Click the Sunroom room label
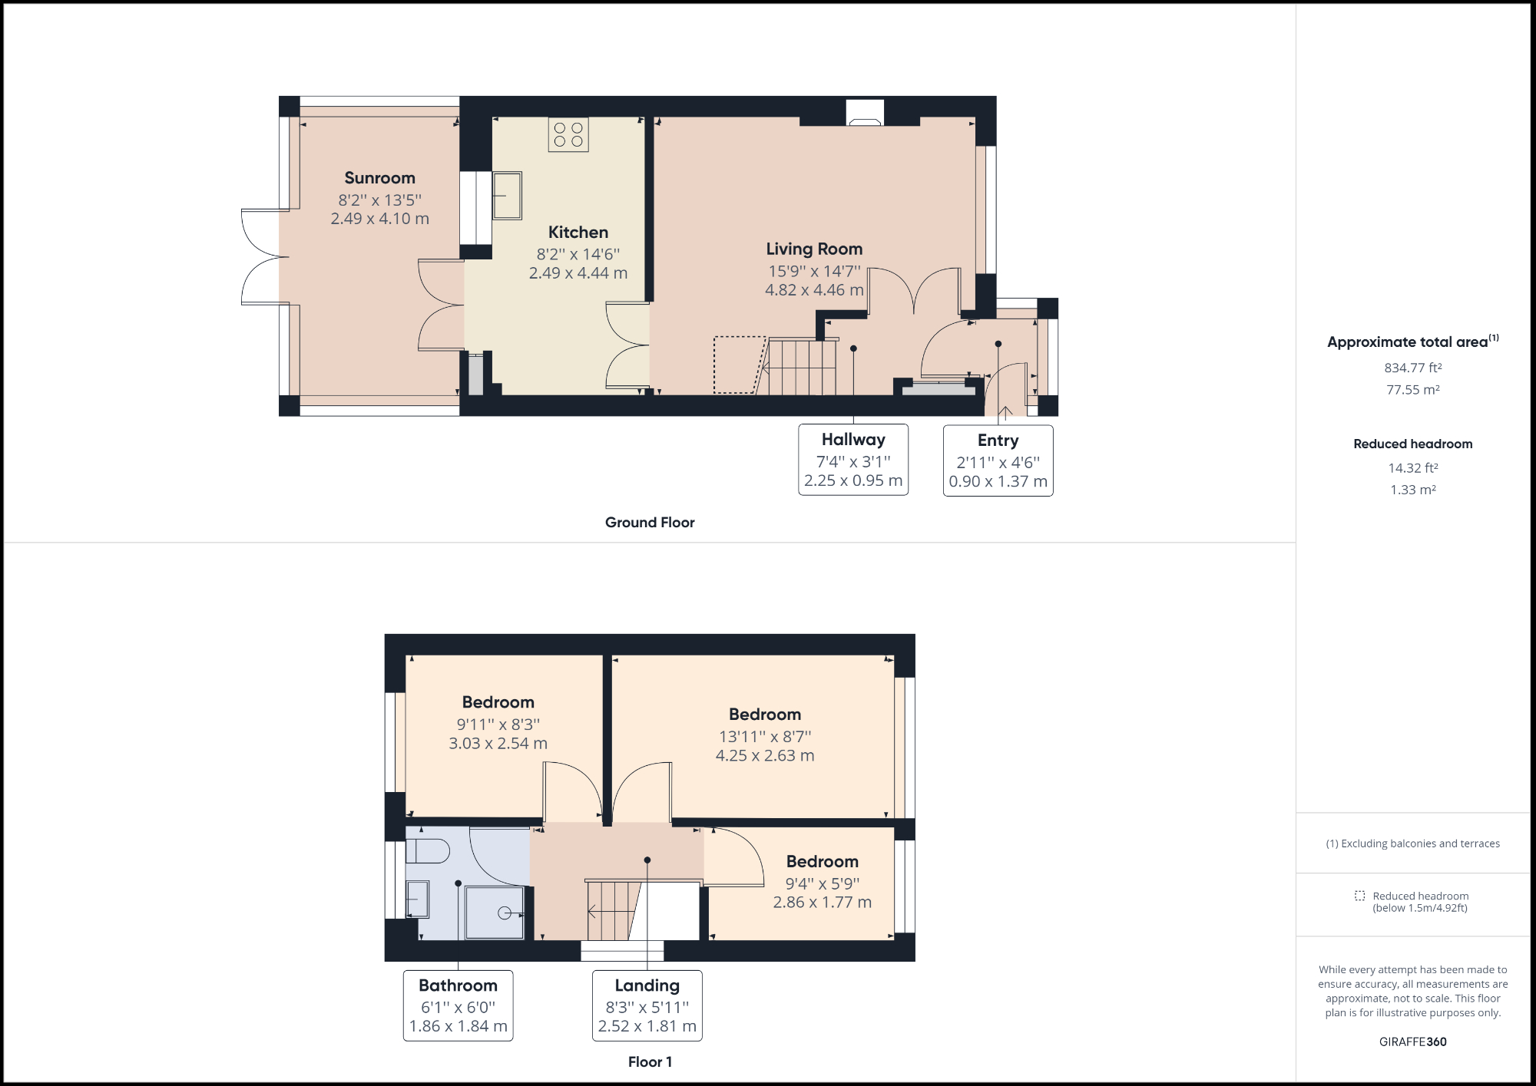379,178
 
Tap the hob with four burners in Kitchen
568,134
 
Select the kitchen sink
507,195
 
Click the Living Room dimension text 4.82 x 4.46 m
814,290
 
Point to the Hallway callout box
853,460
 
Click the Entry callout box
998,460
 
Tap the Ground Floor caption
650,523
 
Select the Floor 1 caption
650,1062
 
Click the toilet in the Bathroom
427,850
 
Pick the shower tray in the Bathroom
495,913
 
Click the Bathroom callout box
458,1005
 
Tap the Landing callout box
647,1005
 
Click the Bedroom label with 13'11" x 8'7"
765,715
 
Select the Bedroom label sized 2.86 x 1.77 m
822,862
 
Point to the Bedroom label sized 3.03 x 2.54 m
498,702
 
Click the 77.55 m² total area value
1412,390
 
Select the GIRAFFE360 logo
1412,1041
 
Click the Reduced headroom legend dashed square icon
1359,896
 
